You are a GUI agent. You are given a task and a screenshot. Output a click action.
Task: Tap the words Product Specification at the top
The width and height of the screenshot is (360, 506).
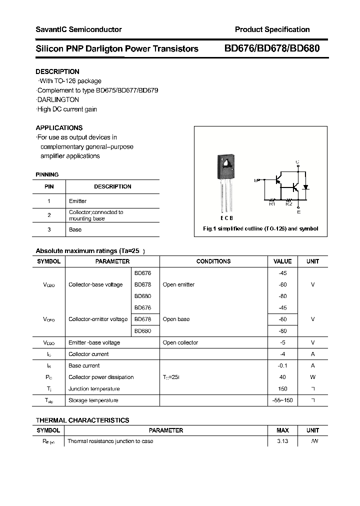272,29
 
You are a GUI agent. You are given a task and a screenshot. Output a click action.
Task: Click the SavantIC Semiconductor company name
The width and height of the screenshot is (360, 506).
78,29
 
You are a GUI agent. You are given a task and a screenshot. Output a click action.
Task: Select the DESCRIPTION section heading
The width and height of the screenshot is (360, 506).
57,71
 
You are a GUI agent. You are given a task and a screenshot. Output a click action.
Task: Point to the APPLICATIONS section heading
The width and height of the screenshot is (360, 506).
59,127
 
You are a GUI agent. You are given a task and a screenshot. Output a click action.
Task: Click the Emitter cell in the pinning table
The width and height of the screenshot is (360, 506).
77,201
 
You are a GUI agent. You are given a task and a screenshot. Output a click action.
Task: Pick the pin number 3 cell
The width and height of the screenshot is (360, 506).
49,229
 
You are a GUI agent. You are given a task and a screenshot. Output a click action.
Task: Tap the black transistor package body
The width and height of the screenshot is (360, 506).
226,167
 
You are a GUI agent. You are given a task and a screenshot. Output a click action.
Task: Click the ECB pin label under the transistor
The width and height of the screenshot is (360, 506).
226,218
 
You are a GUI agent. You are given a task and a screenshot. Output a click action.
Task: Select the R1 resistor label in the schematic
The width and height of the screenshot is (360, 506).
272,203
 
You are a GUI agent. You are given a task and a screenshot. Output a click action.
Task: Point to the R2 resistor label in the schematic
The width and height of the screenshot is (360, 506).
288,203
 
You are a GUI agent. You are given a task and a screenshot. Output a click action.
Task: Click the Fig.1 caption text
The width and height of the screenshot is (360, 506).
260,228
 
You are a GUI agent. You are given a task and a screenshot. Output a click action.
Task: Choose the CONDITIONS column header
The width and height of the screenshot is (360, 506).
213,261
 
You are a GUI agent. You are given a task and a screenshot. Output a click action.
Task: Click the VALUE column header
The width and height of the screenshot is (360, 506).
282,261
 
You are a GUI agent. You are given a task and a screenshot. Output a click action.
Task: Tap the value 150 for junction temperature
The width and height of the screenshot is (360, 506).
282,388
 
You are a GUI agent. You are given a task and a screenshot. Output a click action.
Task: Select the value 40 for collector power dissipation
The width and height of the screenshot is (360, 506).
282,377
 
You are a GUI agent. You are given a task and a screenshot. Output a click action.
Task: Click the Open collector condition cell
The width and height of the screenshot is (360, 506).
180,342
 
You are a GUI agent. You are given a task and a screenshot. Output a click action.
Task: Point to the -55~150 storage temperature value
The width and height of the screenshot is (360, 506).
282,400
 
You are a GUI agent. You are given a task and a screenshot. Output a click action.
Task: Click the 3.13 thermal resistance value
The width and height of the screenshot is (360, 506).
282,441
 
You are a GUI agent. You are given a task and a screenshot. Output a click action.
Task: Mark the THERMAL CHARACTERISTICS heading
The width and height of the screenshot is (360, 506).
82,420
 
